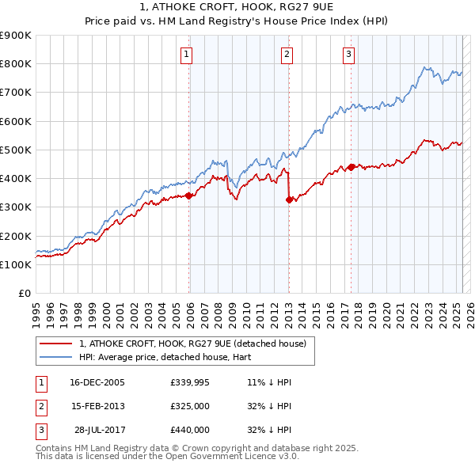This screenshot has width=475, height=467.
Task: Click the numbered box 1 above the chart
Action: [x=186, y=55]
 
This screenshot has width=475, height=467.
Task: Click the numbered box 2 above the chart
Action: [x=287, y=55]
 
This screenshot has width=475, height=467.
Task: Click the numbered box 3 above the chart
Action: [x=349, y=55]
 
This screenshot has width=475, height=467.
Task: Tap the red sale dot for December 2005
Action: [x=189, y=196]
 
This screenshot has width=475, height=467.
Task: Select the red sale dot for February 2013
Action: [x=289, y=200]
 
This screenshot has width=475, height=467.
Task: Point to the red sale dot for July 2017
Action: [x=351, y=167]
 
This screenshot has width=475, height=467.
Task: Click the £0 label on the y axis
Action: [x=24, y=294]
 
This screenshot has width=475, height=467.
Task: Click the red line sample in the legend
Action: [x=55, y=344]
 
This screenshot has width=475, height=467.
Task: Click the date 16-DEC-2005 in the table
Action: [x=97, y=382]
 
